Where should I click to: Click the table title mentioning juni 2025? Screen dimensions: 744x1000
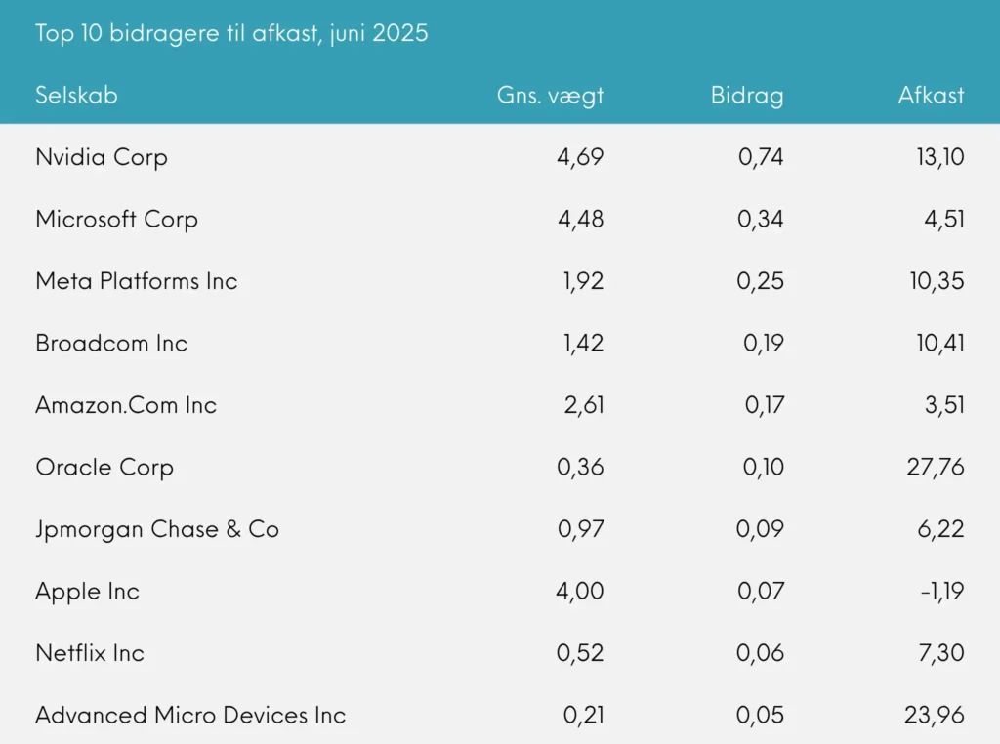(231, 33)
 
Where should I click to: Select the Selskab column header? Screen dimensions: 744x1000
(76, 95)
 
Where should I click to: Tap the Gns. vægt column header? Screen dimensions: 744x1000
(550, 95)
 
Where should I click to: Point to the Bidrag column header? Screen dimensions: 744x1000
(747, 95)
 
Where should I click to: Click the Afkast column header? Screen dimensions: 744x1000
(931, 95)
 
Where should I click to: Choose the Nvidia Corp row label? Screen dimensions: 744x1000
(102, 157)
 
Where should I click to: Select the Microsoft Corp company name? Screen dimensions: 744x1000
(116, 219)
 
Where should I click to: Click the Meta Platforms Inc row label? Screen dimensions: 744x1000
(137, 281)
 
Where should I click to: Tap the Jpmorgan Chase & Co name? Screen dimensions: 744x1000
(157, 529)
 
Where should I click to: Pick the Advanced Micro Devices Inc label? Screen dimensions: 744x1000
(190, 716)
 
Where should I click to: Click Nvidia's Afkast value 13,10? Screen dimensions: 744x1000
(935, 157)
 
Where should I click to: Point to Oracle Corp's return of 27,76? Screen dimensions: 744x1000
(935, 468)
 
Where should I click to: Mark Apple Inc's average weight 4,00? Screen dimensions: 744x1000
(580, 592)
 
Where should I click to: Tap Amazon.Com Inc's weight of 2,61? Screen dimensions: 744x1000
(583, 405)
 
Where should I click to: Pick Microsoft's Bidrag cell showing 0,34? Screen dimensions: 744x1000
(761, 219)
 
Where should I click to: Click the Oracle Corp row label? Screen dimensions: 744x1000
(104, 468)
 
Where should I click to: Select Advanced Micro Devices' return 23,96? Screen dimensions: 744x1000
(935, 716)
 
